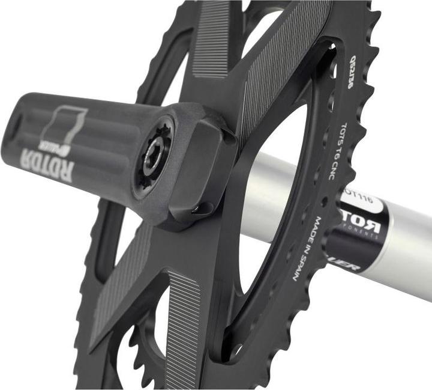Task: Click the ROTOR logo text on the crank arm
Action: [x=48, y=160]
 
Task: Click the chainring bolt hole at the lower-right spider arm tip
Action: [x=236, y=348]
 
